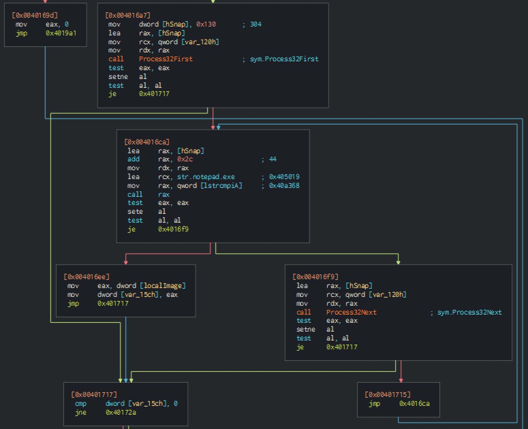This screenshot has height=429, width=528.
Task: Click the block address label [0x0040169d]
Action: [x=35, y=15]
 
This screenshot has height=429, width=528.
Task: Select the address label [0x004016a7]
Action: [x=128, y=15]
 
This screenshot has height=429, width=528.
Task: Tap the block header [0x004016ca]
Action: [x=147, y=142]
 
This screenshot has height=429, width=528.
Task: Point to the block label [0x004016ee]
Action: [x=87, y=277]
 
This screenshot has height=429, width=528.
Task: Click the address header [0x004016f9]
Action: [x=315, y=277]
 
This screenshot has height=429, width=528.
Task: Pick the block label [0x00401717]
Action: [x=94, y=394]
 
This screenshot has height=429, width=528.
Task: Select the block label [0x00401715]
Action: [x=388, y=394]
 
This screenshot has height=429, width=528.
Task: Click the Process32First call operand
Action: [x=166, y=59]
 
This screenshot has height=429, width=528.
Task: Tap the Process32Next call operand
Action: [x=351, y=312]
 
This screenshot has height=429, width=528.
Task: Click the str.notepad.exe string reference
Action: [x=206, y=177]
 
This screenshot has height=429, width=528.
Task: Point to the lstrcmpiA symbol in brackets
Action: [x=221, y=186]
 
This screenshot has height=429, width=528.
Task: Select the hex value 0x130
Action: [x=206, y=24]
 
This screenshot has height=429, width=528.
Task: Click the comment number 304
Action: [x=255, y=24]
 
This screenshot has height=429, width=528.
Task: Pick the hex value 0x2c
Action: [x=185, y=159]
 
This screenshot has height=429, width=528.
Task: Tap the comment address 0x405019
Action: [x=284, y=177]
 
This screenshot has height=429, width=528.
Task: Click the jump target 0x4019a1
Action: [x=61, y=33]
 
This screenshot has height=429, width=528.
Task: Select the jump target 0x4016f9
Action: [x=173, y=229]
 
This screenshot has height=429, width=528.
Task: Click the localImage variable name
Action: [x=162, y=286]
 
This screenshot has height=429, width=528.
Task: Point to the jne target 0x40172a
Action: [x=121, y=412]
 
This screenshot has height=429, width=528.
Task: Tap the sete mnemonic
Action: [x=135, y=211]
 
